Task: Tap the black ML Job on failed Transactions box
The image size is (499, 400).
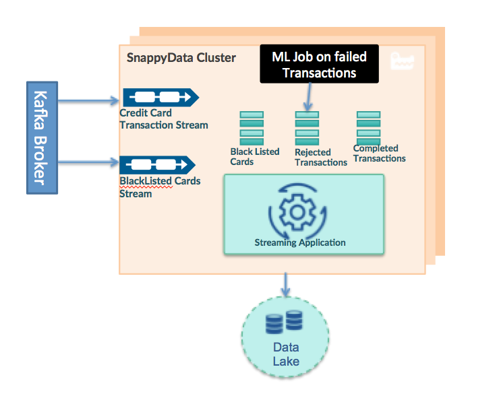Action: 319,65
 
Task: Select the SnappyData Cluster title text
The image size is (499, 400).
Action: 181,58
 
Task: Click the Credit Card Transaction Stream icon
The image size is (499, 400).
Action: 159,97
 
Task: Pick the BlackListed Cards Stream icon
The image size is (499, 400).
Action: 157,164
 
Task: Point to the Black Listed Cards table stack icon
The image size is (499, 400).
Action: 252,128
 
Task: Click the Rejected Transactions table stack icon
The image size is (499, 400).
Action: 307,128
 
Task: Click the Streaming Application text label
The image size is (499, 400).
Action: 300,242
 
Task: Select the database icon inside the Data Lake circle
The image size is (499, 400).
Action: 284,322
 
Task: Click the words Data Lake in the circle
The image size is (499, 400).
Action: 286,354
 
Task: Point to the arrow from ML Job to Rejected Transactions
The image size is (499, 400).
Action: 308,97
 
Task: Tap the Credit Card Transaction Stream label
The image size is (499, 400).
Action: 163,119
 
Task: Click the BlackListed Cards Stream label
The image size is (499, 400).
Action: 160,187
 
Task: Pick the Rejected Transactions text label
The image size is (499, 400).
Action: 321,157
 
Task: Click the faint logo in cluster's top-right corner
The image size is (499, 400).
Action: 403,61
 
